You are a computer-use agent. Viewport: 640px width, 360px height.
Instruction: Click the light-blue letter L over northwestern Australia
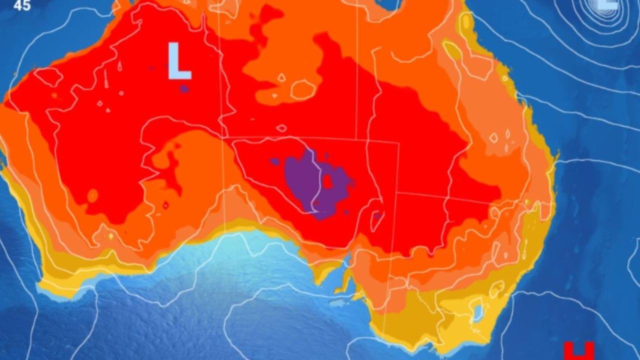(x=178, y=62)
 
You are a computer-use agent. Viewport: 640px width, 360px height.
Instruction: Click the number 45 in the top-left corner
(x=22, y=6)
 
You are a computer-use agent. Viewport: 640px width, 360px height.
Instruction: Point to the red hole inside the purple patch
(x=328, y=181)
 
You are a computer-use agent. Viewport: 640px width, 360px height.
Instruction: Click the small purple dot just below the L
(x=184, y=89)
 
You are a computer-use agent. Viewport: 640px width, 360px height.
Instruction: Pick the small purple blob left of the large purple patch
(x=274, y=162)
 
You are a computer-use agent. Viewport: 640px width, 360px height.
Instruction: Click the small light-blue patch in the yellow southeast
(x=478, y=313)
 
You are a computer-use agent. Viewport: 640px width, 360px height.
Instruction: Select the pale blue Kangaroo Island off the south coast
(x=338, y=303)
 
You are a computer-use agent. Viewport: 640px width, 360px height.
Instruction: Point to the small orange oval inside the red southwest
(x=92, y=195)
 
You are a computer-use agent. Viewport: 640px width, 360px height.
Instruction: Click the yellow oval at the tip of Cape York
(x=466, y=21)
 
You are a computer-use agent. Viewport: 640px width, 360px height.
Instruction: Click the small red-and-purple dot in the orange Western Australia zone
(x=165, y=205)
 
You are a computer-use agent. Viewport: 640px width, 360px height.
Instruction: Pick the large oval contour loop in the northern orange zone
(x=303, y=89)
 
